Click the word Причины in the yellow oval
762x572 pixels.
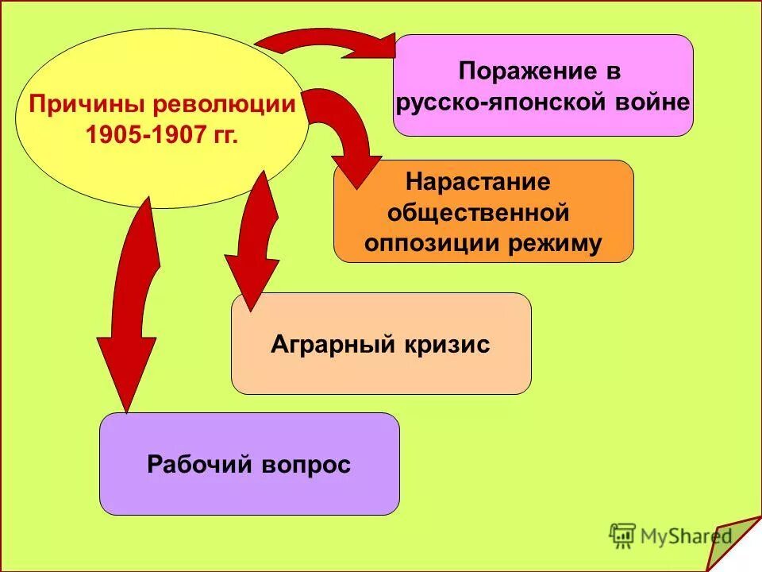coord(85,105)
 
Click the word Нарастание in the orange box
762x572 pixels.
coord(478,182)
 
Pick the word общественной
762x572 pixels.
coord(479,213)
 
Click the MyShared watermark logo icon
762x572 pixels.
coord(622,536)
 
